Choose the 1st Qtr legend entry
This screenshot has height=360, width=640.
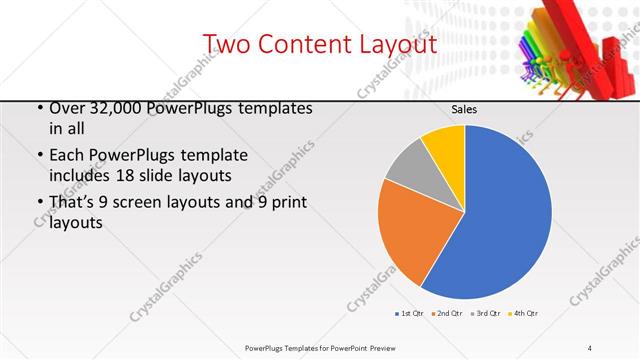410,314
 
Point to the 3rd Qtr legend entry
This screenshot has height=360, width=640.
485,314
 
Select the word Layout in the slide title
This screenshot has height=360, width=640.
394,45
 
